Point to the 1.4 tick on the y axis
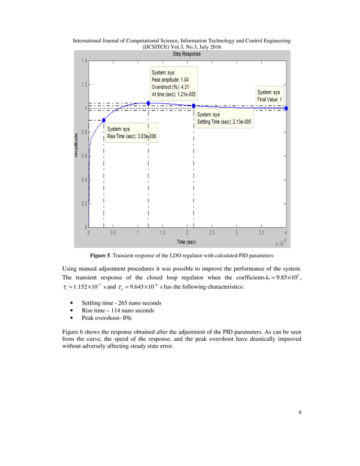point(83,61)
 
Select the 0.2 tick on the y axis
point(83,204)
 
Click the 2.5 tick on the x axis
point(212,232)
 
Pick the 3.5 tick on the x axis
point(261,232)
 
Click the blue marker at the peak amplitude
point(148,103)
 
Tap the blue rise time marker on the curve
point(103,120)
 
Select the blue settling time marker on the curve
point(194,106)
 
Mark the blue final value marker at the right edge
point(286,108)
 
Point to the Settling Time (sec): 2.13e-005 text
point(224,122)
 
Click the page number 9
point(300,412)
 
